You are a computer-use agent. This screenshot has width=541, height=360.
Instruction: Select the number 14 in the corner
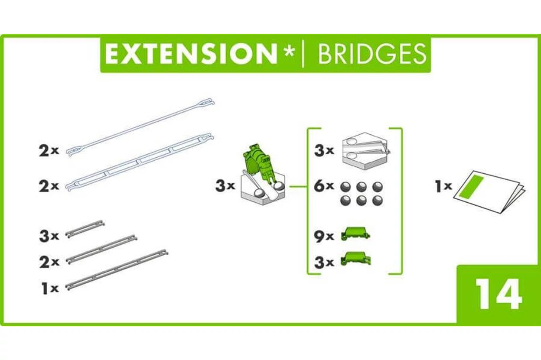point(499,294)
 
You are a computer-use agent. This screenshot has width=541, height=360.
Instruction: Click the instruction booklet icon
point(489,191)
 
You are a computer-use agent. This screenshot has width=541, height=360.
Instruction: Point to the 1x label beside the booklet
point(443,186)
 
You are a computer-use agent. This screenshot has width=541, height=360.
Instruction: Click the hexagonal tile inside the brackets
point(366,151)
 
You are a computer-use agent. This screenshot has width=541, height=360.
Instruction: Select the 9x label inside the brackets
point(324,236)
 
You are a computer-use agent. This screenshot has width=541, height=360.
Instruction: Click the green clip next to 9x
point(355,234)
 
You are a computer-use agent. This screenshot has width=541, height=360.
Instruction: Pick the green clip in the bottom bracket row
point(355,259)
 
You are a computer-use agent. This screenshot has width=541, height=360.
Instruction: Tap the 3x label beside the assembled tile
point(225,186)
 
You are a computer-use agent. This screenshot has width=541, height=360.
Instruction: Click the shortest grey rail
point(85,229)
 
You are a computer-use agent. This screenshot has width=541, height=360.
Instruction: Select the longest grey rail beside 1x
point(117,269)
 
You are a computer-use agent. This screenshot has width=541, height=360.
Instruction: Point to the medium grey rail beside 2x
point(101,249)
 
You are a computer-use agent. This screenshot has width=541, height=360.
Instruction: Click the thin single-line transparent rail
point(140,127)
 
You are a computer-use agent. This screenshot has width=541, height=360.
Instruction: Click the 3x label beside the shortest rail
point(49,236)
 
